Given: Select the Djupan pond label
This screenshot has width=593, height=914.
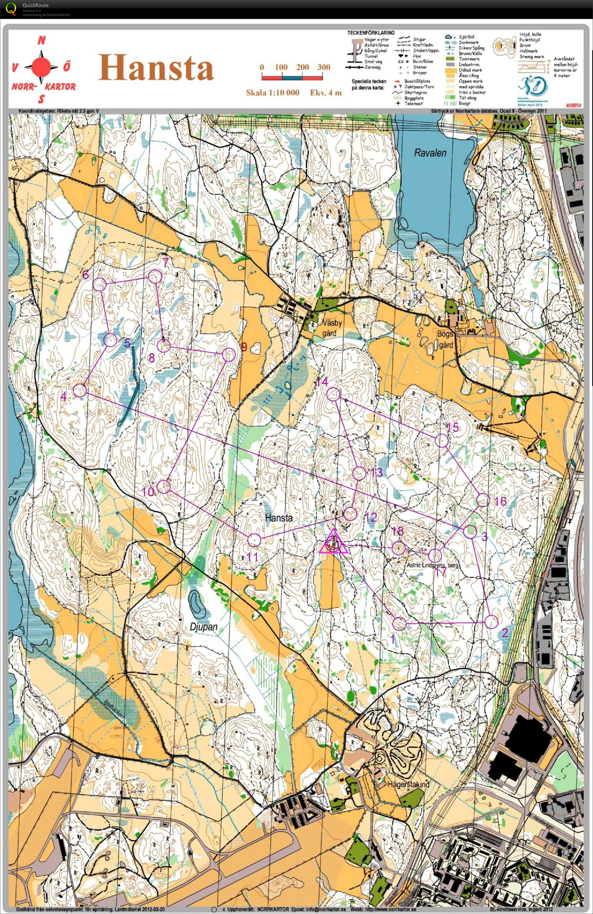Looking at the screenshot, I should pyautogui.click(x=204, y=627).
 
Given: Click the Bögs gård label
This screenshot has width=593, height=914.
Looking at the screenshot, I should pyautogui.click(x=445, y=340).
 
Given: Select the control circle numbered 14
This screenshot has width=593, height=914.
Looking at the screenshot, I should pyautogui.click(x=333, y=394).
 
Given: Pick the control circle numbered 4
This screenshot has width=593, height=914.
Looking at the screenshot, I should pyautogui.click(x=80, y=391).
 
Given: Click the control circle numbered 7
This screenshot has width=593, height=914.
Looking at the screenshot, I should pyautogui.click(x=155, y=277).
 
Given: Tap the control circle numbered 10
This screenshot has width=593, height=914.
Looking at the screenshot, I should pyautogui.click(x=164, y=486).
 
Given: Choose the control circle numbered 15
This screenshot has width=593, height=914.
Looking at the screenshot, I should pyautogui.click(x=442, y=441).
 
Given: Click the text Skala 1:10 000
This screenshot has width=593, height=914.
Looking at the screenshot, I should pyautogui.click(x=272, y=93).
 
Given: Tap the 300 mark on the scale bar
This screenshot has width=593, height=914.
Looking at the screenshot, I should pyautogui.click(x=323, y=67).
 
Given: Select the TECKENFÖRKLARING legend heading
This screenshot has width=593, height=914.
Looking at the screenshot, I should pyautogui.click(x=371, y=33).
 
